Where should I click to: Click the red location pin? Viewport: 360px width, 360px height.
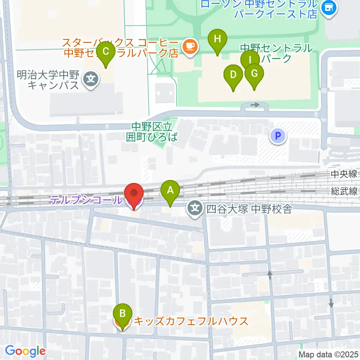[x=134, y=195]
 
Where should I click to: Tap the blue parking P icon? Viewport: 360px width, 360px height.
[x=278, y=136]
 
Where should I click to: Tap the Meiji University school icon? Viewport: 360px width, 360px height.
[x=91, y=79]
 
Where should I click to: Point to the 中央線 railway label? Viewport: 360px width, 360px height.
[x=344, y=174]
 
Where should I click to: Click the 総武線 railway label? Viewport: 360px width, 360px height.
[x=344, y=192]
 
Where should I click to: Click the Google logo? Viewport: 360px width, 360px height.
[x=25, y=351]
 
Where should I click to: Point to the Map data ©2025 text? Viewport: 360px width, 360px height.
[x=328, y=354]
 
